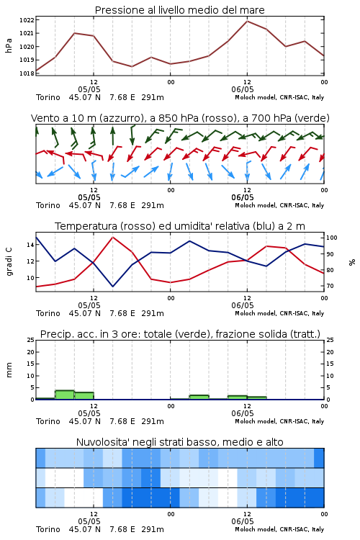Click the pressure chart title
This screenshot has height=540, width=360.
point(179,10)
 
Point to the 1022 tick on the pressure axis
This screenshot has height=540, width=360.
point(27,20)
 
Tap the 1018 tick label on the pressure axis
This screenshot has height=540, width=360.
point(27,73)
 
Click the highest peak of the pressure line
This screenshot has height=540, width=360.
point(247,21)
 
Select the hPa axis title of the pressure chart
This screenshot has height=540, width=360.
point(9,45)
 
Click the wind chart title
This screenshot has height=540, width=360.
point(180,118)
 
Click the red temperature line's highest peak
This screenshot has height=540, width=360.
point(112,238)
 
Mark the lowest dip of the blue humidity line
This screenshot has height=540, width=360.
point(112,286)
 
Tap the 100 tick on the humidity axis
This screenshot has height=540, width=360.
point(331,238)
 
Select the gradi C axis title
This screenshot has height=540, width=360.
point(9,261)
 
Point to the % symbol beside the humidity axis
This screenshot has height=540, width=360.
point(352,262)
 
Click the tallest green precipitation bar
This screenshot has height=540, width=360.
point(65,395)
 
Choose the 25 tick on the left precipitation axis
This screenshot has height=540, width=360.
point(30,340)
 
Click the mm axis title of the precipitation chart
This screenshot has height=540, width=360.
point(9,370)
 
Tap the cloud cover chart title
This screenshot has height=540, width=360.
point(179,442)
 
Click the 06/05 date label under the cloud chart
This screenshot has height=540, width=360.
point(243,521)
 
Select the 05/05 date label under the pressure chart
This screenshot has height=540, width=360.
point(89,89)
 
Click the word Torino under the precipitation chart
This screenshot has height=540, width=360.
point(48,421)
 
